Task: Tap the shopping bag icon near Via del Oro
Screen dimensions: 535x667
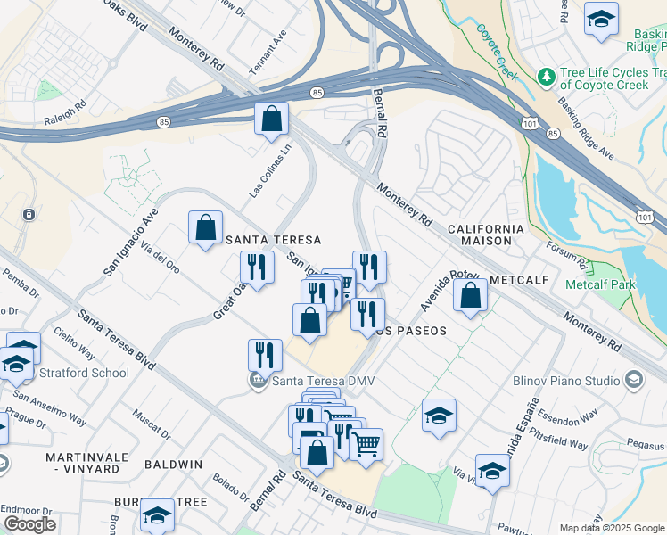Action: point(206,226)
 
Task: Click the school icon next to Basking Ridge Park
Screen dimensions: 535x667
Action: point(601,19)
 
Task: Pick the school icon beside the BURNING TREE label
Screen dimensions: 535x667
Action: point(157,514)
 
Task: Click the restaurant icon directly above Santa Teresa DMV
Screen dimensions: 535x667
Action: point(265,355)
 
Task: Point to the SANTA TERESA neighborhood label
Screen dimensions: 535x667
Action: point(273,240)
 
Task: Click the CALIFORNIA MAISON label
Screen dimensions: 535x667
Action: point(491,235)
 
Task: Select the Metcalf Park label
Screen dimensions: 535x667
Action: point(599,284)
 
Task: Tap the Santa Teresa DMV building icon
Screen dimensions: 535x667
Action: point(258,382)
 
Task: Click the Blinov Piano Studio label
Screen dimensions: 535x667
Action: point(566,381)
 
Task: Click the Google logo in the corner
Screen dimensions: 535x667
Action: point(29,524)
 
